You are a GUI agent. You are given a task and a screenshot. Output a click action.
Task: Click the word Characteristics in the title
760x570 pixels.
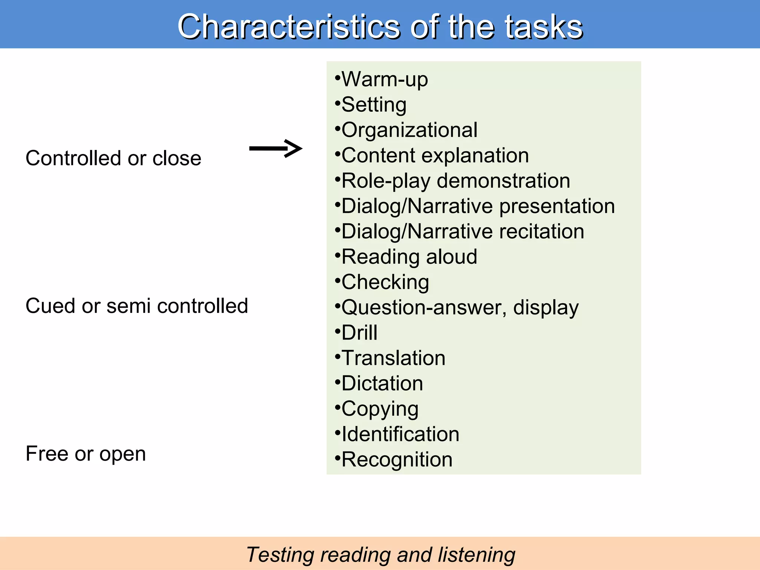[289, 27]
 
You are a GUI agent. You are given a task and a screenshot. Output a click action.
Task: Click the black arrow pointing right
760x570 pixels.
[276, 148]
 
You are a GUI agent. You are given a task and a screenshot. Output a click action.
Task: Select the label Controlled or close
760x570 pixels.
[113, 158]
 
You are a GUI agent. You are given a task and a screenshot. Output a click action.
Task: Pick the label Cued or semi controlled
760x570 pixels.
[137, 306]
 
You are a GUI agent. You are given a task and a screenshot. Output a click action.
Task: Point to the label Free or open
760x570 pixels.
[86, 453]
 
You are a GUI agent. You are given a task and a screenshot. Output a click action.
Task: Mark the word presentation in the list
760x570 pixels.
[557, 206]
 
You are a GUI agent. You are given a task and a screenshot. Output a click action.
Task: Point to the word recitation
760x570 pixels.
[542, 232]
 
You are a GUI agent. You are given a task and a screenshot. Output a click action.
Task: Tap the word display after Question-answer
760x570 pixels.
[546, 308]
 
